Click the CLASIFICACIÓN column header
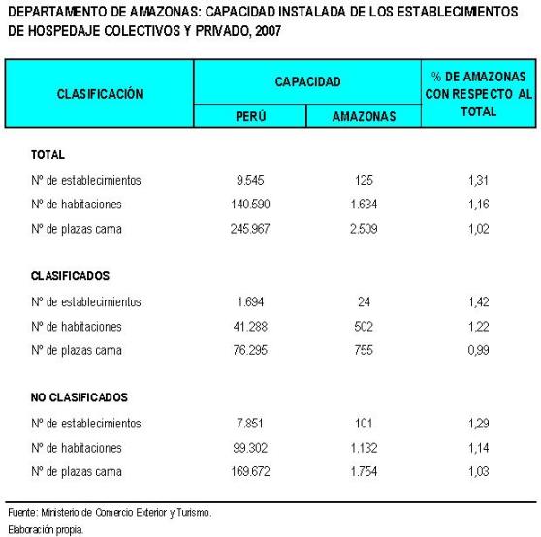100,94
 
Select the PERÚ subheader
250,116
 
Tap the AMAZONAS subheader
364,116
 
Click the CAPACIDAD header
307,82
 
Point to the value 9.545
250,180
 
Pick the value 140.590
250,205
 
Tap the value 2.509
364,229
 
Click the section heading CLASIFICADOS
69,276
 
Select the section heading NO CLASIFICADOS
80,397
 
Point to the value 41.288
250,326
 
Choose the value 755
364,350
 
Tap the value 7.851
250,423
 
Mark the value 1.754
364,471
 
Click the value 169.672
250,471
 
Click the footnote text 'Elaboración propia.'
45,529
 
